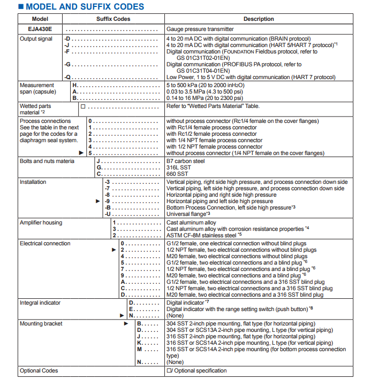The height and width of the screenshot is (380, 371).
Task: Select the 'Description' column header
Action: click(259, 19)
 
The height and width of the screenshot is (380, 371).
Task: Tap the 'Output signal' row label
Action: click(36, 39)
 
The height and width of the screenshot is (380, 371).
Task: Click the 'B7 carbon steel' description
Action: click(185, 161)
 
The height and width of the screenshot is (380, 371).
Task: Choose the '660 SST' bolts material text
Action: click(178, 174)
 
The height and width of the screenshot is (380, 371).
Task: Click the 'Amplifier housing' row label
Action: click(41, 222)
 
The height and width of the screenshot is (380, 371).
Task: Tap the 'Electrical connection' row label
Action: click(45, 243)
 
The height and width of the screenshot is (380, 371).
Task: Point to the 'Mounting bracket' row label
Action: click(41, 323)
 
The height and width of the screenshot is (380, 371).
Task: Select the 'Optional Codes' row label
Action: click(39, 370)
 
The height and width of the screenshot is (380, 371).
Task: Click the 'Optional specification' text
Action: click(200, 370)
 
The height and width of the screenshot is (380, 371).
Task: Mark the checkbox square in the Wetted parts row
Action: click(83, 106)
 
